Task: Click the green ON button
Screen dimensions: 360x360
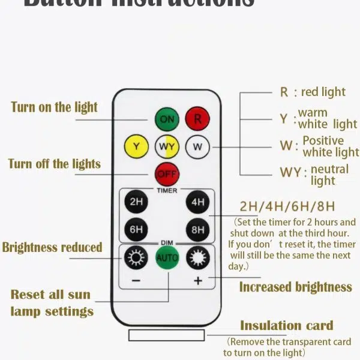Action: (x=167, y=119)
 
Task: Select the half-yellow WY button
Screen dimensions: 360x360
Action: (x=167, y=146)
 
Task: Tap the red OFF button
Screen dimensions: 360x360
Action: (x=167, y=174)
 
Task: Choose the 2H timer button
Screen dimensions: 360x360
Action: (x=136, y=202)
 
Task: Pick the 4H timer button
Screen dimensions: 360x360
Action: (x=197, y=202)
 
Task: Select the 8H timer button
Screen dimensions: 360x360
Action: (x=197, y=229)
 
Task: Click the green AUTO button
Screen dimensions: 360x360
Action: (x=167, y=258)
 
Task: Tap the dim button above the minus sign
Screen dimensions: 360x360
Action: (x=136, y=258)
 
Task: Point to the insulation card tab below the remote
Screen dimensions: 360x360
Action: (x=167, y=335)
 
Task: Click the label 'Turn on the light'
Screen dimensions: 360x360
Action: (x=54, y=107)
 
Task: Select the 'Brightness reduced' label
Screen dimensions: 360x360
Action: (x=52, y=247)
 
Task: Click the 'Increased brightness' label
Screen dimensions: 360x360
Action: (x=295, y=287)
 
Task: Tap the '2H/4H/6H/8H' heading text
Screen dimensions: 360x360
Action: (x=287, y=207)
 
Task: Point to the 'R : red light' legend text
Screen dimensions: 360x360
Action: (x=313, y=92)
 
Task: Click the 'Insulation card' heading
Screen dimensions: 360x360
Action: (x=286, y=326)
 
